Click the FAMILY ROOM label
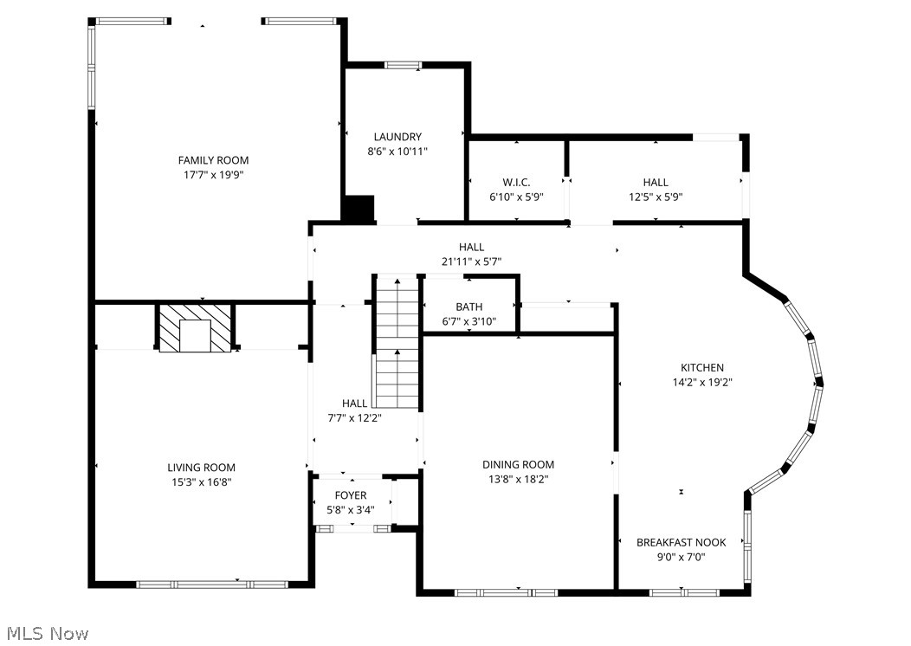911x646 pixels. pos(213,160)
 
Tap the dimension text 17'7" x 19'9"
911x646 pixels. pos(213,175)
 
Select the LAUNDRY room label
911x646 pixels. pos(397,137)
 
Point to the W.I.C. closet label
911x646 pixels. pos(516,182)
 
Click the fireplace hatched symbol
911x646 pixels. pos(196,327)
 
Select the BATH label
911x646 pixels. pos(468,307)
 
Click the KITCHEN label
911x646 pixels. pos(701,368)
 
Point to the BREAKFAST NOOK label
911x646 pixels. pos(681,543)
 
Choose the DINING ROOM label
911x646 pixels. pos(519,465)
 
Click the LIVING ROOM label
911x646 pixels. pos(201,468)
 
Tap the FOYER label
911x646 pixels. pos(351,495)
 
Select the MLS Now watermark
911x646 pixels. pos(45,634)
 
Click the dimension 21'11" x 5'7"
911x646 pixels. pos(471,262)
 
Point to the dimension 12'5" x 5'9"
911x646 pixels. pos(656,197)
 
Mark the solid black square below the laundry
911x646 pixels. pos(358,210)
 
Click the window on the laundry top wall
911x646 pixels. pos(403,64)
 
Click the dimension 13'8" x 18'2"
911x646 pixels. pos(519,479)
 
